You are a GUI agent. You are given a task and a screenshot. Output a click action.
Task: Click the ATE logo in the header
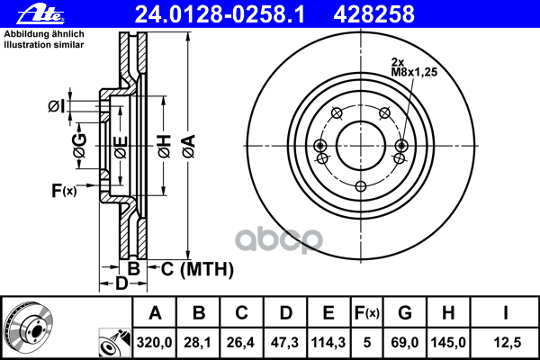point(40,14)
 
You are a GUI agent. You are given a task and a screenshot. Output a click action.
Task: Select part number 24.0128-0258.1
point(220,14)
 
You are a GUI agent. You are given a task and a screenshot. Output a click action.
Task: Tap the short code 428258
point(374,14)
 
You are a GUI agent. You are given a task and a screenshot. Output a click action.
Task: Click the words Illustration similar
point(44,45)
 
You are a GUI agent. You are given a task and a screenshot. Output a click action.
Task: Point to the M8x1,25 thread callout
point(414,72)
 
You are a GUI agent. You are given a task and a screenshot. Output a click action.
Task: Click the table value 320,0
point(154,342)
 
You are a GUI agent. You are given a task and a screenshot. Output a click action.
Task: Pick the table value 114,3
point(328,342)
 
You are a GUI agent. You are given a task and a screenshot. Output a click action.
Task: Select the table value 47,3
point(284,342)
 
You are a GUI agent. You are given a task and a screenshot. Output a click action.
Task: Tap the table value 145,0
point(448,342)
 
